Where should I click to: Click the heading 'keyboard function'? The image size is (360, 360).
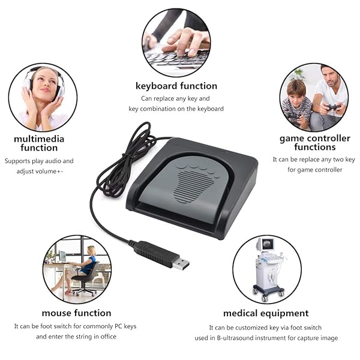[176, 86]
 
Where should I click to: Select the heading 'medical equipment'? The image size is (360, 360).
[266, 313]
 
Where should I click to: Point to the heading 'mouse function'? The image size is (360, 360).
[76, 313]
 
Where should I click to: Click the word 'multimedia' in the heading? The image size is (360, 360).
[39, 139]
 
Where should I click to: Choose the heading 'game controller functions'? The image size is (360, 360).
[315, 143]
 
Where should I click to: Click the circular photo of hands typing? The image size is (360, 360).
[176, 43]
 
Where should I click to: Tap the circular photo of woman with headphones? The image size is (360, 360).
[43, 97]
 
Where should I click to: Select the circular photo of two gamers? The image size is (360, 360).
[314, 97]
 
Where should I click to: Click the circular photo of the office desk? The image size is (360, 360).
[76, 269]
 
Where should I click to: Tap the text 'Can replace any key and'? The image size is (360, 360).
[176, 98]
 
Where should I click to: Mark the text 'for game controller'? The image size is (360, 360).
[314, 170]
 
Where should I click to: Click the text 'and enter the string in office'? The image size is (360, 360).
[76, 337]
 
